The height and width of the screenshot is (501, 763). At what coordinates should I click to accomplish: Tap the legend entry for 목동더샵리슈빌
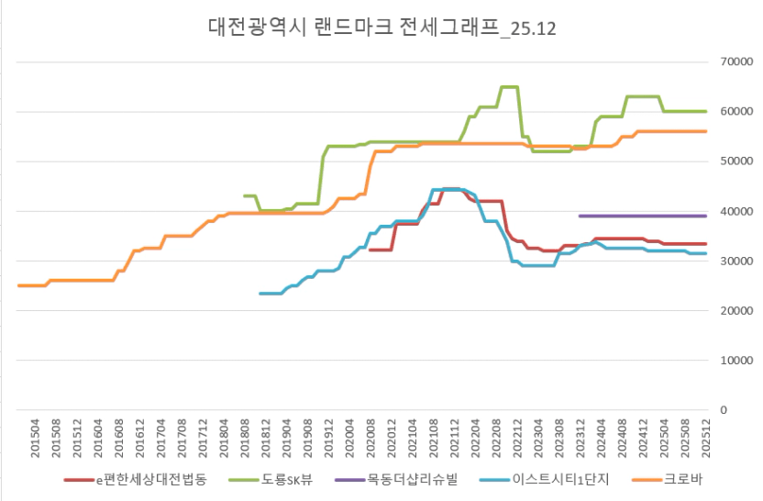411,478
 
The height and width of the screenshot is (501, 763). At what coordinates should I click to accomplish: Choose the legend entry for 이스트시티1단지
551,478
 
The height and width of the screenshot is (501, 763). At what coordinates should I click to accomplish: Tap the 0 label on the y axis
724,410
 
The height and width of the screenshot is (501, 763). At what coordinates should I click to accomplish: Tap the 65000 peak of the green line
510,87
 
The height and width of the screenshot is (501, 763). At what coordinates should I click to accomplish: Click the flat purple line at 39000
642,216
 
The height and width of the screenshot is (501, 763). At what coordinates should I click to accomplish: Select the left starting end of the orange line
20,285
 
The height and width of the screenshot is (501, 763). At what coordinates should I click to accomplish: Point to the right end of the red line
704,244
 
